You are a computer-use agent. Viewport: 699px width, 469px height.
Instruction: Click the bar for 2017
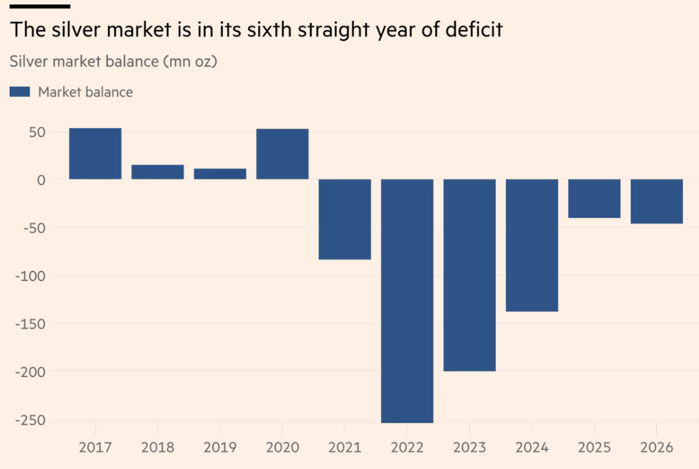click(95, 154)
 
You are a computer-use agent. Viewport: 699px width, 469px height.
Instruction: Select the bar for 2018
click(158, 172)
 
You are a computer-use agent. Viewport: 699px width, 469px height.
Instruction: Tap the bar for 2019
click(220, 174)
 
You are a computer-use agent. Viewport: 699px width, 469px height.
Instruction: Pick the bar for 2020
click(282, 154)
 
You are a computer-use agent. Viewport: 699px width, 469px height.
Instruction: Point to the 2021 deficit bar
click(345, 219)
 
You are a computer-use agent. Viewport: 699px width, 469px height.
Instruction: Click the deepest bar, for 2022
click(407, 300)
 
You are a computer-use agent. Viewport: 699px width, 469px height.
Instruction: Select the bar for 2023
click(470, 275)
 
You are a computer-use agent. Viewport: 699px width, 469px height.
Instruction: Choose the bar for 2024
click(532, 245)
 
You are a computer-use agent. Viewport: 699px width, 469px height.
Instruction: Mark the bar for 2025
click(594, 199)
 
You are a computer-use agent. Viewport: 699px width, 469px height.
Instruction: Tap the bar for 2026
click(657, 201)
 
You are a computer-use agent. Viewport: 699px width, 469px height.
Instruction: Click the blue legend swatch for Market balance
click(20, 92)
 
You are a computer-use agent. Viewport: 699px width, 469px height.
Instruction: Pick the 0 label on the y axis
click(41, 180)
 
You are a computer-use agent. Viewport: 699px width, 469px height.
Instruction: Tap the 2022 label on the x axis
click(407, 447)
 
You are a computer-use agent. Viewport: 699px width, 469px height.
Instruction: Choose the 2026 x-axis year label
click(657, 447)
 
